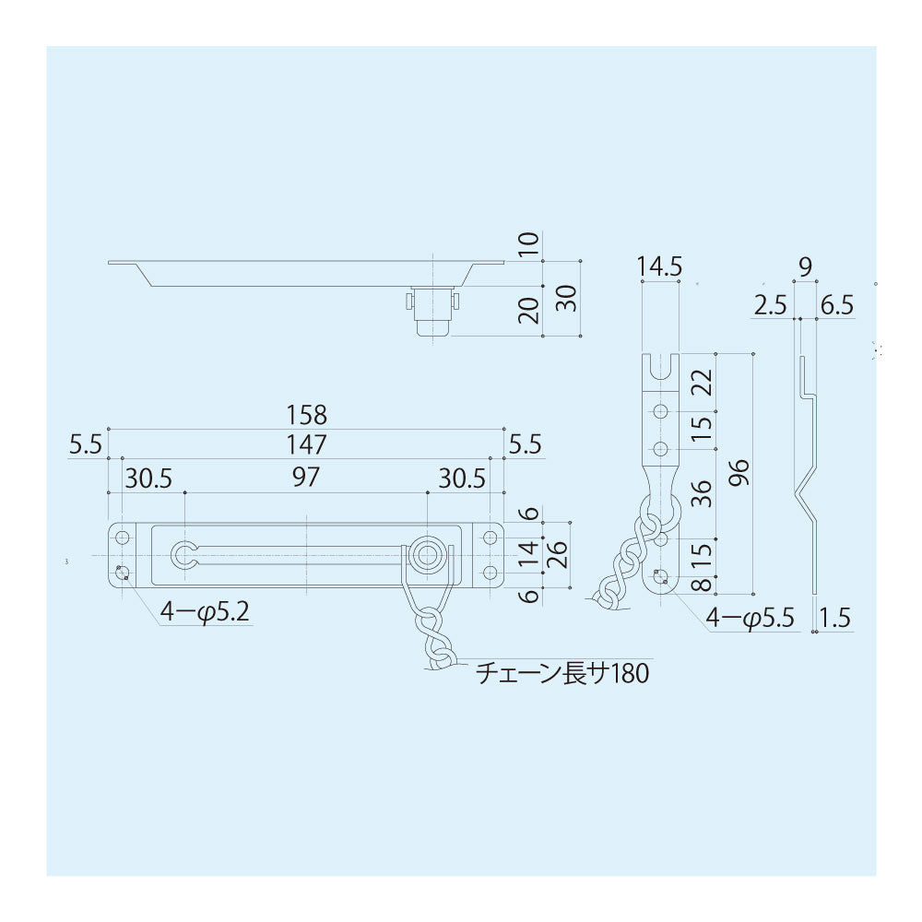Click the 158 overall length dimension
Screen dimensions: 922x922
click(306, 415)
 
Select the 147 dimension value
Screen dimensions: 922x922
click(306, 445)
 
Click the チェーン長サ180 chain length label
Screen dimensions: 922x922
click(562, 675)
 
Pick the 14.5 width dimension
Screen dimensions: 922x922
click(659, 267)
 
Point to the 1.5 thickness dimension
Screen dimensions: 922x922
click(833, 617)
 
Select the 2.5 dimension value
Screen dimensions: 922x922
click(769, 306)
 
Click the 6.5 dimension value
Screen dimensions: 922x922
click(834, 306)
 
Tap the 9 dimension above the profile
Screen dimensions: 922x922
click(805, 268)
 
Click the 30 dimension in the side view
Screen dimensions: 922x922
click(567, 298)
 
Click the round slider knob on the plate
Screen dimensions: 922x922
click(427, 553)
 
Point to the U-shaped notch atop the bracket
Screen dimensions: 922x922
click(659, 369)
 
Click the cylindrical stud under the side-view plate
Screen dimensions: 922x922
click(431, 313)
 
